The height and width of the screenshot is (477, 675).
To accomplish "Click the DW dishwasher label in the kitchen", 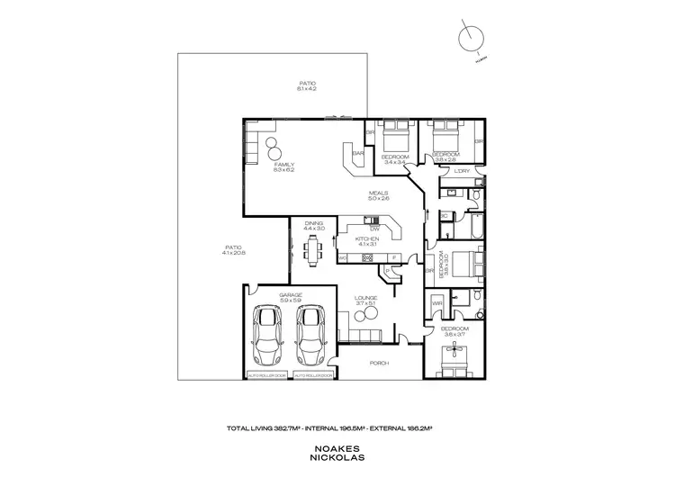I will pos(374,228).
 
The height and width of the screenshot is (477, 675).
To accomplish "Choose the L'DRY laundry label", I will pos(463,170).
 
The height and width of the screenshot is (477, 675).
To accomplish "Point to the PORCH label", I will pos(378,364).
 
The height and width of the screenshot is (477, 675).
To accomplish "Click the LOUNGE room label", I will pos(365,297).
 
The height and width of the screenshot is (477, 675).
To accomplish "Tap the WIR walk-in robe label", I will pos(437,304).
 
